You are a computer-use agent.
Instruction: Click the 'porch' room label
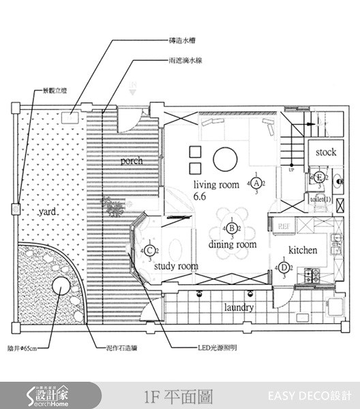pos(132,162)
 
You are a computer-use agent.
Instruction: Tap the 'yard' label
pos(47,212)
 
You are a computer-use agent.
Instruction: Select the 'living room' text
pos(216,185)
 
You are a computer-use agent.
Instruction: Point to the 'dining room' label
pos(232,244)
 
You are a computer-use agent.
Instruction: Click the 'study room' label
pos(175,267)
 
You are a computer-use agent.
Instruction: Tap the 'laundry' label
pos(239,307)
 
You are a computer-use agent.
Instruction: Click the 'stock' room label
pos(325,153)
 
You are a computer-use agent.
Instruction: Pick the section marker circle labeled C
pos(152,250)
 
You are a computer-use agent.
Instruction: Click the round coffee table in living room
pos(225,160)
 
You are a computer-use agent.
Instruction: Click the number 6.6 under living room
pos(200,196)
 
